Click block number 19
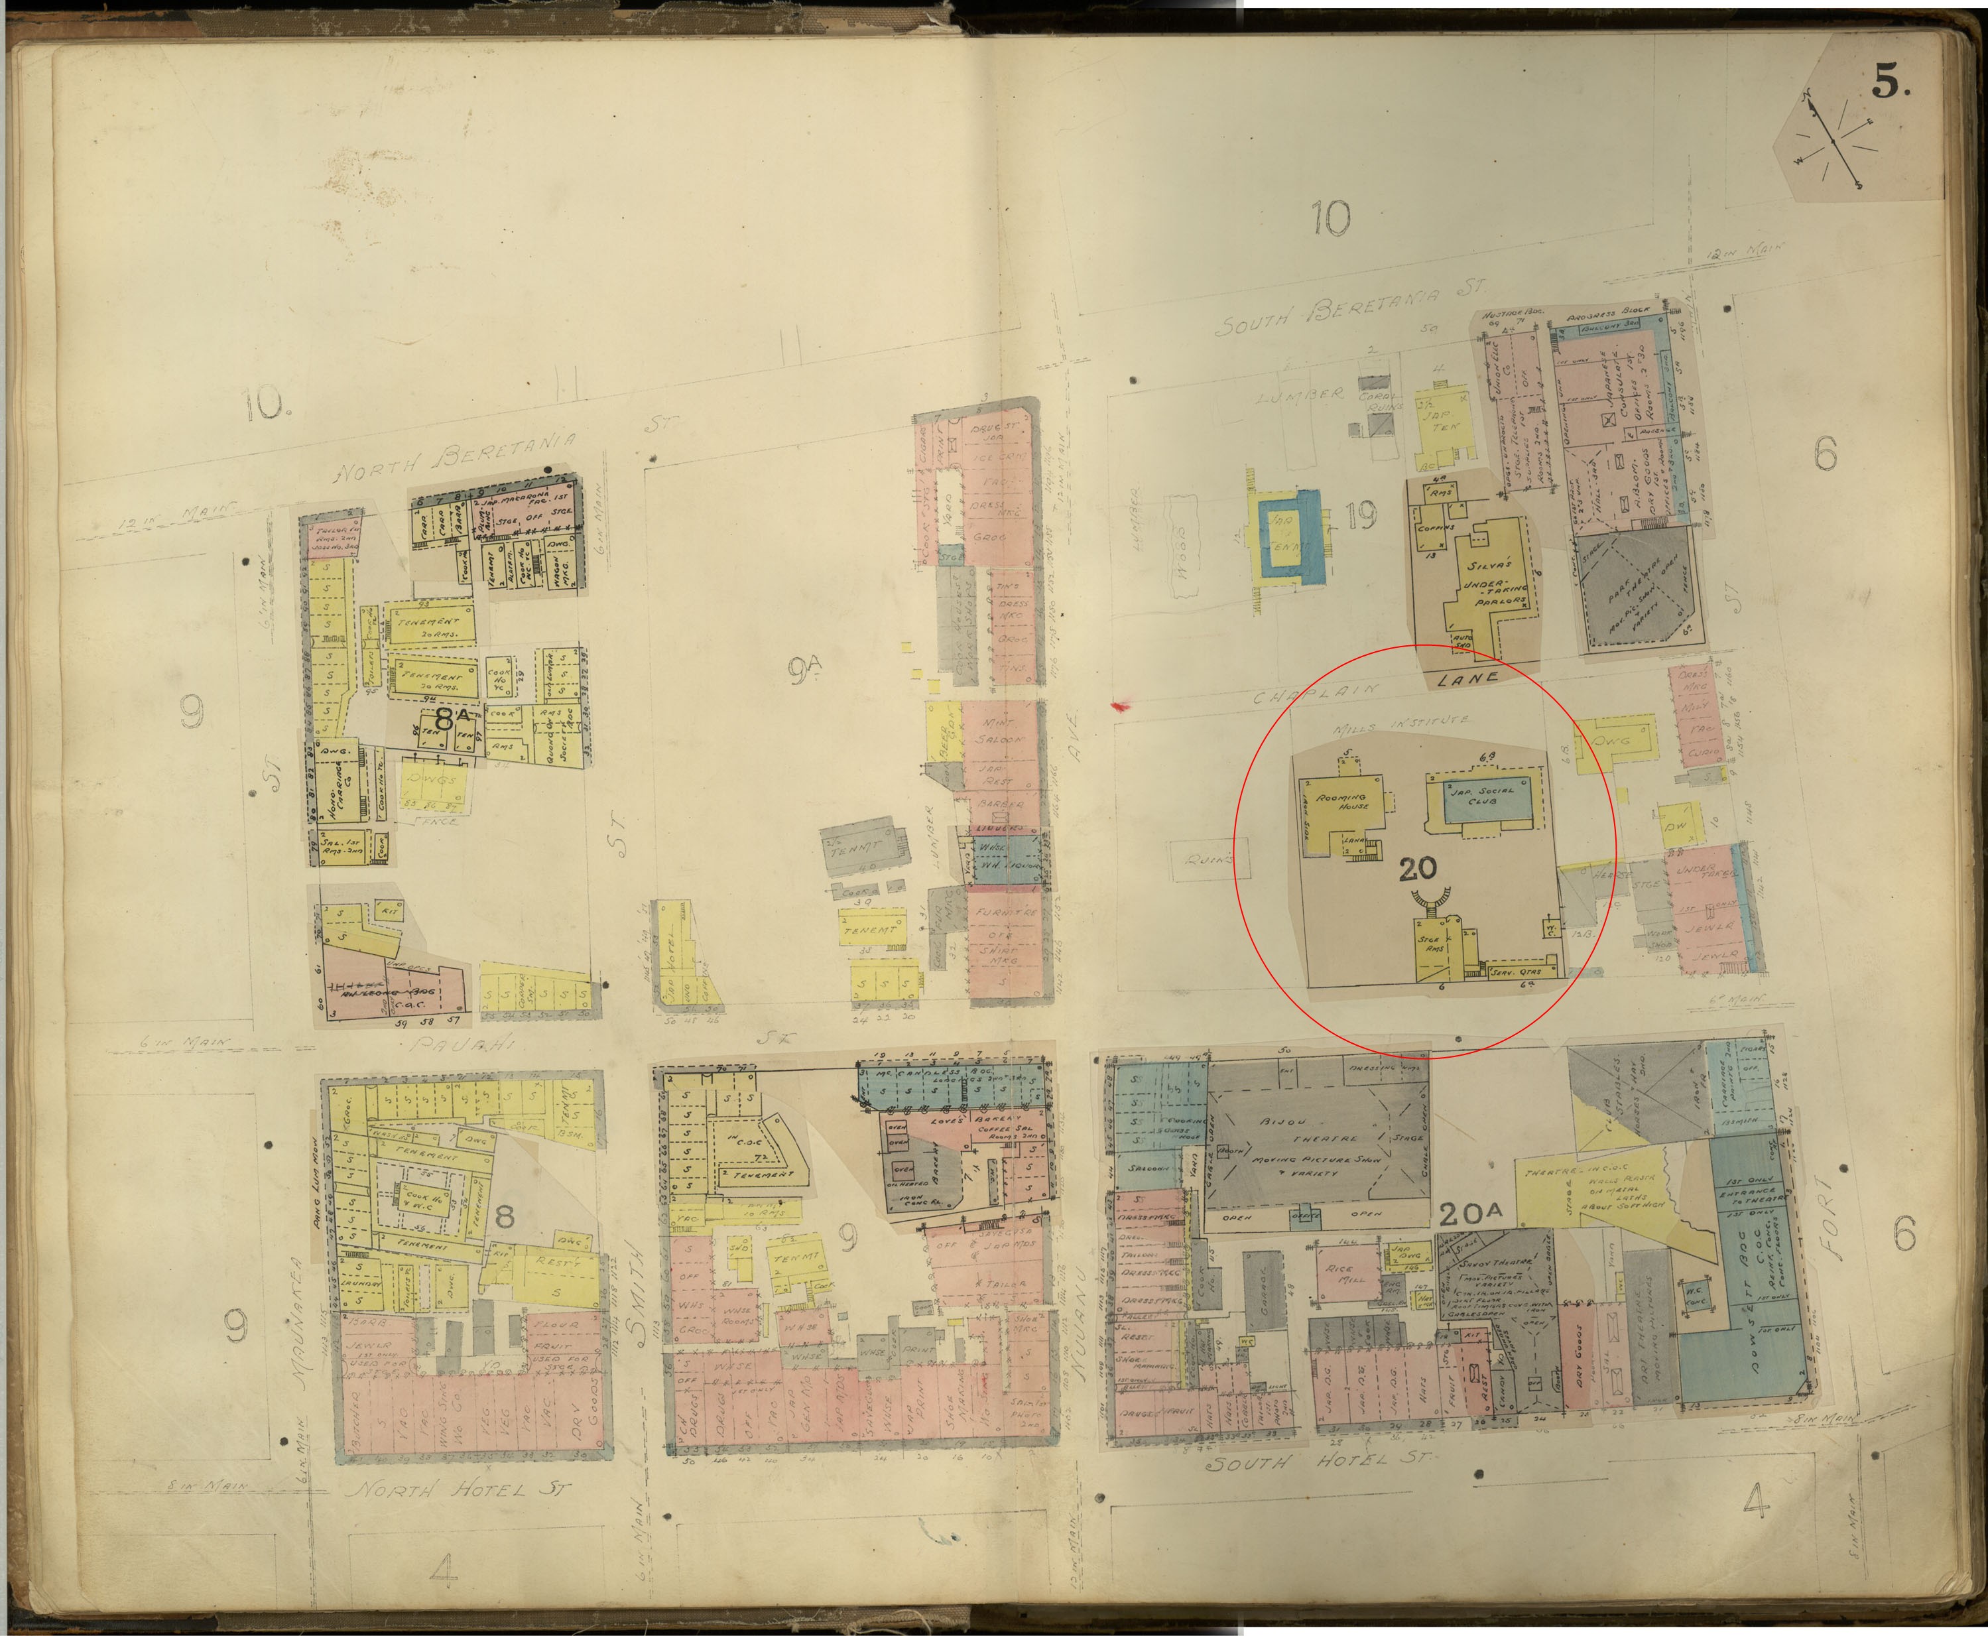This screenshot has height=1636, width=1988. tap(1361, 515)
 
